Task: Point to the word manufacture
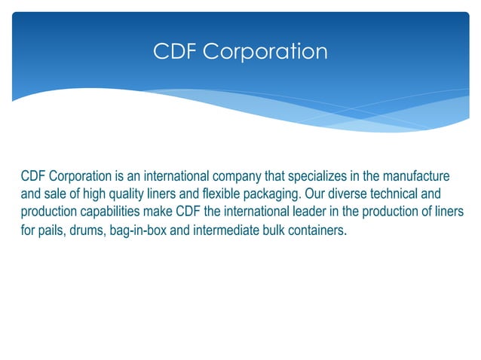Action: point(415,176)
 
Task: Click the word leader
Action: point(320,211)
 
